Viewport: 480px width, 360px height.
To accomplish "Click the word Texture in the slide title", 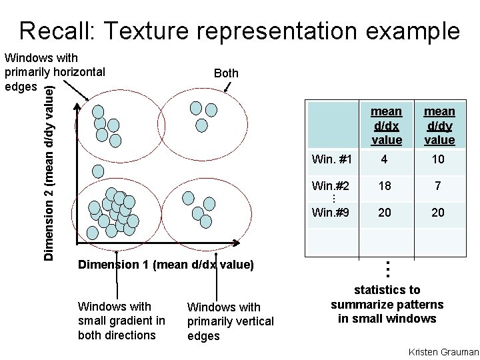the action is [148, 31].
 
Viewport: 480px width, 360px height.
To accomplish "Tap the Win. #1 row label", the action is [331, 160].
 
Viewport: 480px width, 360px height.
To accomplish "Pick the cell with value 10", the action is [438, 160].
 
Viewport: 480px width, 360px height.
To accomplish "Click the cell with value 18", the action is [385, 186].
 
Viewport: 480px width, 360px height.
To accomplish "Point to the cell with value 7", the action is [438, 186].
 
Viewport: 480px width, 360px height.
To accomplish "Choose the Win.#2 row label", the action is [331, 186].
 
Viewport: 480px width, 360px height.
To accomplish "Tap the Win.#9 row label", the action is [331, 213].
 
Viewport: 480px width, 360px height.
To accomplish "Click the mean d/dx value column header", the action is [386, 125].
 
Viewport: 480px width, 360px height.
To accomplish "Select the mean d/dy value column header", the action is [439, 125].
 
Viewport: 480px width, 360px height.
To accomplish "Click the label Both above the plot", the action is [226, 73].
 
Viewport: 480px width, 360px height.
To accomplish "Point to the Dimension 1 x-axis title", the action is [166, 265].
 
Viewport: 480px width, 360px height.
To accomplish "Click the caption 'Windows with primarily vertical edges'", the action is [230, 321].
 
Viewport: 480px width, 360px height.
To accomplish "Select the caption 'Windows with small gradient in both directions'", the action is [121, 321].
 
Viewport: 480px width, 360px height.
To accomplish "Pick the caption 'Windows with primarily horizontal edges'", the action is [53, 72].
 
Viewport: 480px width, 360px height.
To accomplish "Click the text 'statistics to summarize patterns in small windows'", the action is [387, 304].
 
